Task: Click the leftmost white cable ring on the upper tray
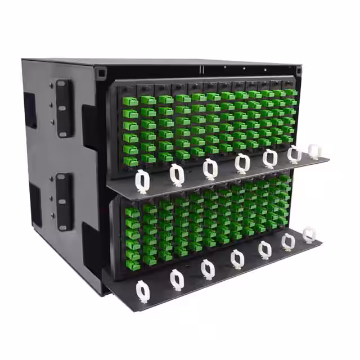[142, 181]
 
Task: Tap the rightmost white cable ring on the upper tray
[314, 151]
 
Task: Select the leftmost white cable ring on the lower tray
[143, 291]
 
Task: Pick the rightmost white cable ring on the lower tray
[309, 235]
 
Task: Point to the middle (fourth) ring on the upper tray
[242, 163]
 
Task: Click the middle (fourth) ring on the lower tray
[237, 258]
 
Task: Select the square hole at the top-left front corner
[101, 73]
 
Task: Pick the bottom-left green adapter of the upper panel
[131, 161]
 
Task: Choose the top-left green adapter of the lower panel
[132, 212]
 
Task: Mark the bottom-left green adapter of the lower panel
[133, 265]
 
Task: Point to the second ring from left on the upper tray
[177, 174]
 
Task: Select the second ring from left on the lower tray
[177, 278]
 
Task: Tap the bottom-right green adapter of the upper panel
[287, 138]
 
